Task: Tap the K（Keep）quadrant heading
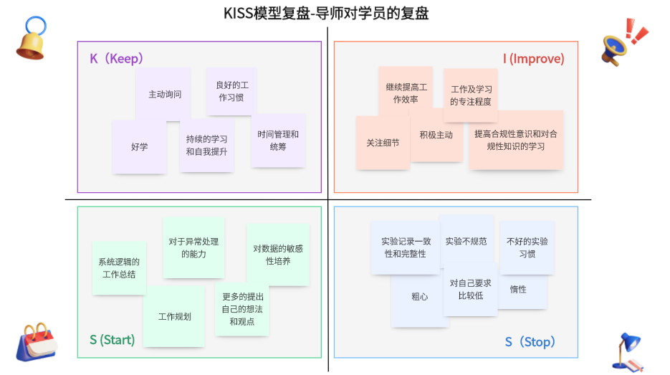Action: pos(116,59)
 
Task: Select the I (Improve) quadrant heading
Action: pos(533,59)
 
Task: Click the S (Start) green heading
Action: pos(112,340)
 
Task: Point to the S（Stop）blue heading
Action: pos(530,342)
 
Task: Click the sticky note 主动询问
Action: pos(164,95)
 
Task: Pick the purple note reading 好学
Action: pos(139,147)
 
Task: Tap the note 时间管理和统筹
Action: pos(278,141)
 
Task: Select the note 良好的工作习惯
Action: pos(230,91)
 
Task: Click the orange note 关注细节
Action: pos(383,143)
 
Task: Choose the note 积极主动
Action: pos(436,135)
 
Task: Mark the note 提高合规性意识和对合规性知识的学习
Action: pos(516,140)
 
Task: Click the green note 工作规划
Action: pos(174,317)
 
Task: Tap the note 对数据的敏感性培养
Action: pos(278,255)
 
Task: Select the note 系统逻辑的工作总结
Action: pos(119,268)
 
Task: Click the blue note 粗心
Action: pos(420,297)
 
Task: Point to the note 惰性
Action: pos(518,290)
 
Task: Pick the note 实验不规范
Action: pos(466,242)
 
